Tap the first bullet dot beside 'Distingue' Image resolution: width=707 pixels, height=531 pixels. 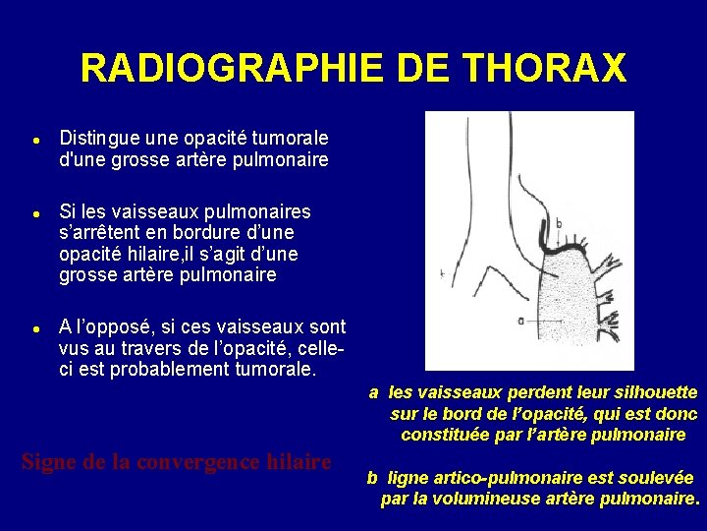coord(34,140)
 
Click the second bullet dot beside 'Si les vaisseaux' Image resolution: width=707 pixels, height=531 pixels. coord(34,213)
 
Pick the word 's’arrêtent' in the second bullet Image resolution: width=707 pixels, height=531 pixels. coord(101,233)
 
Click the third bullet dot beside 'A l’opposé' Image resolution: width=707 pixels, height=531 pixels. coord(34,327)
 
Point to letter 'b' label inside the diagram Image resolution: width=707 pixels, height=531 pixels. coord(559,223)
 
